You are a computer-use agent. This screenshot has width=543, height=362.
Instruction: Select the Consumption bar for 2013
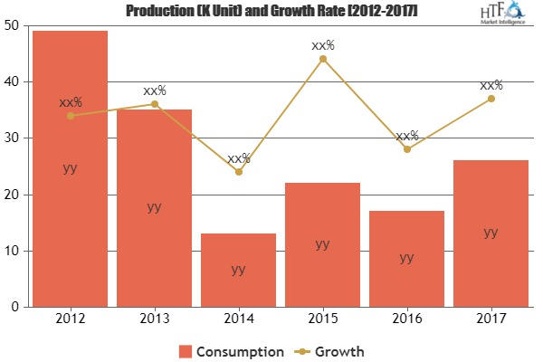click(154, 207)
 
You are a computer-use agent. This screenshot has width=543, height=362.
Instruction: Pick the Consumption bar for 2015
click(322, 244)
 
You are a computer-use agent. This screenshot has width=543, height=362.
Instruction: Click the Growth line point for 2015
click(322, 59)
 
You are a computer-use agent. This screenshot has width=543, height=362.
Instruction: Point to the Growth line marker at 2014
click(238, 172)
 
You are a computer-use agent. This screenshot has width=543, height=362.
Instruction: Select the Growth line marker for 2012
click(70, 116)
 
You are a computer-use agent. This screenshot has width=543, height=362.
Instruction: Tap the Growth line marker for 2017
click(491, 99)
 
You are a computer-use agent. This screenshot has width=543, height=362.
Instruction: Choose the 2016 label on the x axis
click(406, 319)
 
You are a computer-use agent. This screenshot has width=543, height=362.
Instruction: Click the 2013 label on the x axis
click(154, 319)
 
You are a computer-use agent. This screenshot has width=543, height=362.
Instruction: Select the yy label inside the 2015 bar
click(322, 243)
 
